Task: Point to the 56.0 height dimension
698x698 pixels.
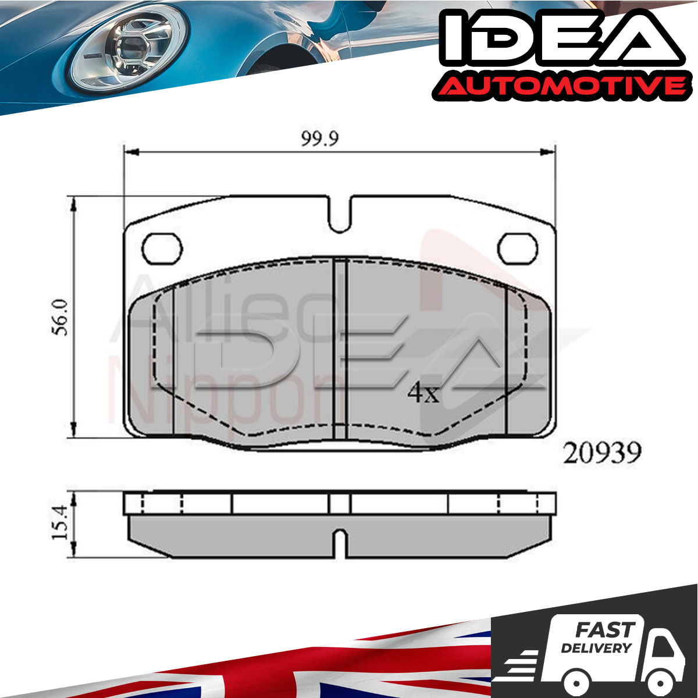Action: pos(60,318)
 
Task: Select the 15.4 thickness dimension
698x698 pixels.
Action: pos(60,522)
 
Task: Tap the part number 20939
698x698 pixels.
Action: pos(601,453)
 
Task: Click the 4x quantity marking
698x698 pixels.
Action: pos(423,393)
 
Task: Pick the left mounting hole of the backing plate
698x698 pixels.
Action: pos(162,248)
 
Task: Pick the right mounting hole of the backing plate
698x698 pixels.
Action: pos(518,248)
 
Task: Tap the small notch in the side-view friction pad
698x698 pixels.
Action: pos(339,544)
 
